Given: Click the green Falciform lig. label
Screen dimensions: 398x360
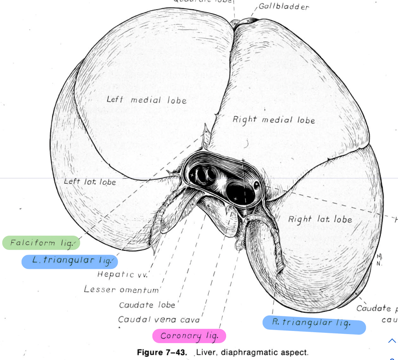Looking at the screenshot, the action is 41,243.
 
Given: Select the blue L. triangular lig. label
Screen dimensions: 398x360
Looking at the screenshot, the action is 70,261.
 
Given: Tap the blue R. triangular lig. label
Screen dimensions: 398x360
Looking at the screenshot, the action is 314,324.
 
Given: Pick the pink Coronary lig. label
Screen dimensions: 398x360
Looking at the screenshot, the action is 189,336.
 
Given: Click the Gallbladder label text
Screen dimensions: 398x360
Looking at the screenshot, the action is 284,7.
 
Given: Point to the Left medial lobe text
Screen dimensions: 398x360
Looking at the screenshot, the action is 146,100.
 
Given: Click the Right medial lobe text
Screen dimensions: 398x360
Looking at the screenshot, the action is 273,120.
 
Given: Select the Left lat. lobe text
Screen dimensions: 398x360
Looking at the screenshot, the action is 90,182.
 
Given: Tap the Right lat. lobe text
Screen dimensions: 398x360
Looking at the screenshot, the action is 320,220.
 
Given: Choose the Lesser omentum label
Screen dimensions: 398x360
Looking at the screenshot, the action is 123,289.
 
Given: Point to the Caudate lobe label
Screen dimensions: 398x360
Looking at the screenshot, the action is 147,305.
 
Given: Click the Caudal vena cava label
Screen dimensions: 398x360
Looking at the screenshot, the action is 159,320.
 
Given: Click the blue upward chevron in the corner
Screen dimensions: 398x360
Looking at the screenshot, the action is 392,341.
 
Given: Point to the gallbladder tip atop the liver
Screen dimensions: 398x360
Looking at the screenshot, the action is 243,20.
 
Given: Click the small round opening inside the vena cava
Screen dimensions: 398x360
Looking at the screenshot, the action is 256,185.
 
